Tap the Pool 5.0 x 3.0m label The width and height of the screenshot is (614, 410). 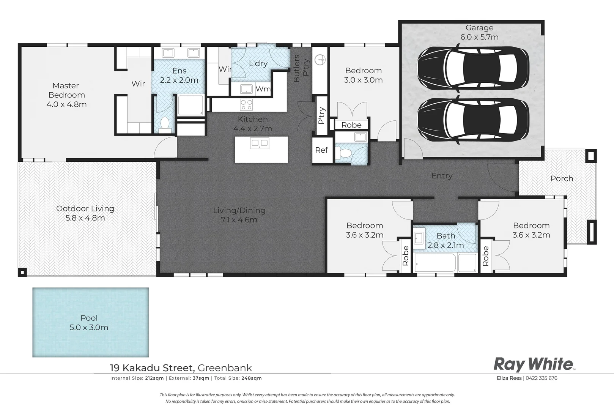click(x=89, y=323)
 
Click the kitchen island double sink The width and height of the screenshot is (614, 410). click(x=260, y=143)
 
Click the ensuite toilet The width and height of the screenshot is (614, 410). click(x=165, y=124)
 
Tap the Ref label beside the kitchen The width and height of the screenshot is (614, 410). click(x=321, y=150)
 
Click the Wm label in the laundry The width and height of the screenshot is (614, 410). click(x=263, y=89)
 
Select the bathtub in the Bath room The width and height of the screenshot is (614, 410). click(x=435, y=262)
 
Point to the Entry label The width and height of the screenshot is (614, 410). click(x=442, y=176)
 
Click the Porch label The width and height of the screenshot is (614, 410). click(x=562, y=178)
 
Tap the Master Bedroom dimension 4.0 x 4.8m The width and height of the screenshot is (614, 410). click(x=67, y=104)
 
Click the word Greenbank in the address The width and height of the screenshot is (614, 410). click(x=225, y=368)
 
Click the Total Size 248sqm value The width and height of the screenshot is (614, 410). click(x=251, y=378)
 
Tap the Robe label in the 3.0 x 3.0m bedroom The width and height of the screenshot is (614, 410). click(x=351, y=125)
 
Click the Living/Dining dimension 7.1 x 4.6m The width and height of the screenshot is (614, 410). click(x=239, y=220)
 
